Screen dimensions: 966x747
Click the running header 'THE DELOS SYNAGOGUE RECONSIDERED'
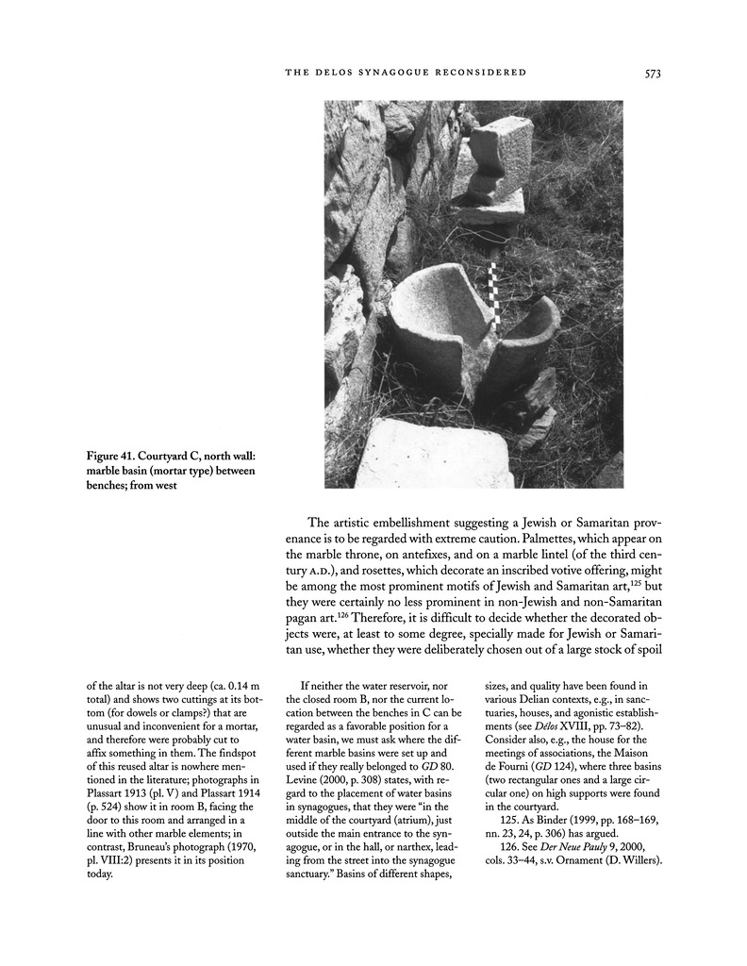(405, 73)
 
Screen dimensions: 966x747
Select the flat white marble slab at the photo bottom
(435, 454)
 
